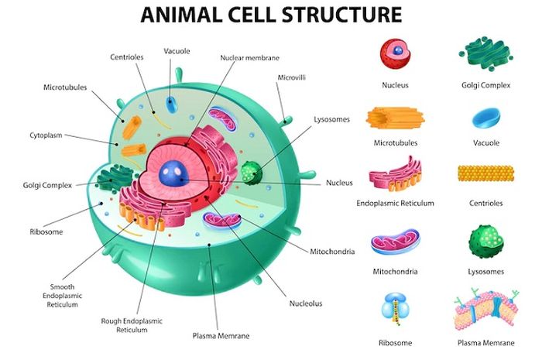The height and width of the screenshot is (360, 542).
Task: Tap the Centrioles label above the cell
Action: click(128, 57)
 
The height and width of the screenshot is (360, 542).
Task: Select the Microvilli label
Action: click(290, 77)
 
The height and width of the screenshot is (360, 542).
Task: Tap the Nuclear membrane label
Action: click(249, 57)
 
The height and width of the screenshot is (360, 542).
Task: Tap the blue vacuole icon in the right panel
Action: click(486, 117)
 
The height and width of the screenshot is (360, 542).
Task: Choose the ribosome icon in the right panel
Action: click(396, 308)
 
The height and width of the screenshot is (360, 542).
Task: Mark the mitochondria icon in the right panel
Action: click(396, 242)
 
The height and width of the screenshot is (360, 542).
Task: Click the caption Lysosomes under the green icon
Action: click(487, 272)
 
